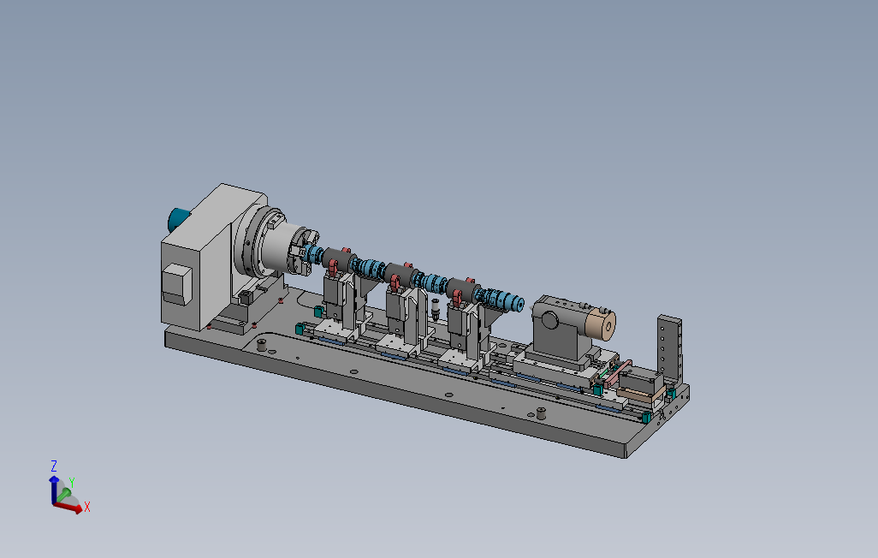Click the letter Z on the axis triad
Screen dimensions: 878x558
pyautogui.click(x=54, y=466)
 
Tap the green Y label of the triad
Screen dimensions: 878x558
pyautogui.click(x=72, y=483)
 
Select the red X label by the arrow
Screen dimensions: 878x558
pyautogui.click(x=86, y=508)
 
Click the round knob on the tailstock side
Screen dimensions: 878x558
pyautogui.click(x=549, y=320)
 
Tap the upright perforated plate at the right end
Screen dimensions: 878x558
pyautogui.click(x=669, y=352)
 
